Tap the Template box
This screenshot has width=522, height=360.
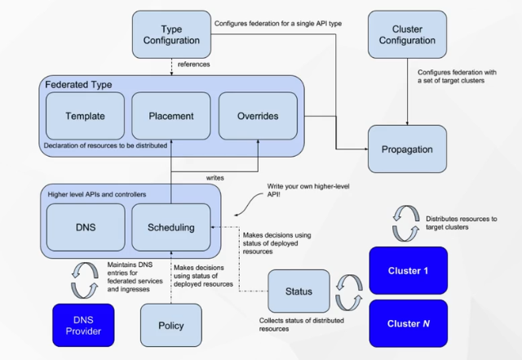[85, 116]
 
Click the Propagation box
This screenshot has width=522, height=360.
[407, 149]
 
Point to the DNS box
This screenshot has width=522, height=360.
[85, 227]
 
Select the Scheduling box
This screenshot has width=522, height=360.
[170, 227]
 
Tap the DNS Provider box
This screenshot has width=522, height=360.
[85, 322]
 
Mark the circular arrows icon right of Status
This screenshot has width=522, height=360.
[346, 290]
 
